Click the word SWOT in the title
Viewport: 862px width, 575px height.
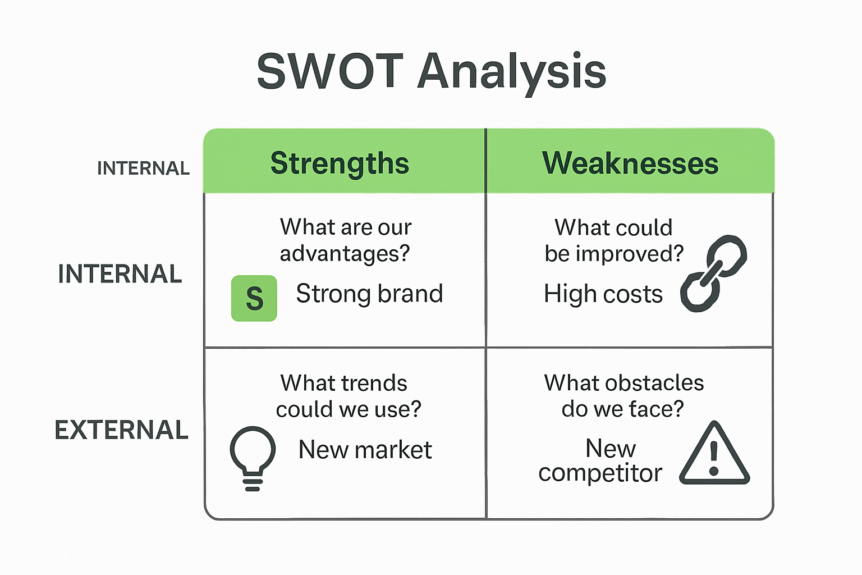(330, 71)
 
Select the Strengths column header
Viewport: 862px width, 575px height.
(340, 163)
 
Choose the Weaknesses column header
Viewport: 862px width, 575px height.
(630, 163)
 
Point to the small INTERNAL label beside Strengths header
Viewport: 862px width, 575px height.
(143, 168)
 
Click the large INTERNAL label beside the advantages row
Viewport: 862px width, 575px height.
(120, 274)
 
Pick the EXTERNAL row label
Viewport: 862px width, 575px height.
(121, 430)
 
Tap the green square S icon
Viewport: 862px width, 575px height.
(254, 298)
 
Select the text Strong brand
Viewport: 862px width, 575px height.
(369, 294)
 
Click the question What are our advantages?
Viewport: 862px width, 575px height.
(345, 240)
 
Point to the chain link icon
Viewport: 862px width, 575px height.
(713, 273)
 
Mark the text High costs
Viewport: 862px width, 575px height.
(603, 294)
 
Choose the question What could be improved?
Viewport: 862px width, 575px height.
(614, 240)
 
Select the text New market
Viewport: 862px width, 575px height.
(365, 450)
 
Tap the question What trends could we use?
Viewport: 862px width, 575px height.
(348, 396)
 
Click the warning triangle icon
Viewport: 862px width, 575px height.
(714, 455)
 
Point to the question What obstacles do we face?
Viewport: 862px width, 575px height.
(623, 396)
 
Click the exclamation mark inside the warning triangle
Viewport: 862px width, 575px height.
(714, 458)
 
